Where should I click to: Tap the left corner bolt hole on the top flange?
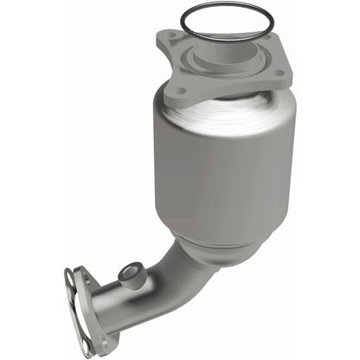[x=170, y=37]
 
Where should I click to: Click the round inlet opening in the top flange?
[x=224, y=45]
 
